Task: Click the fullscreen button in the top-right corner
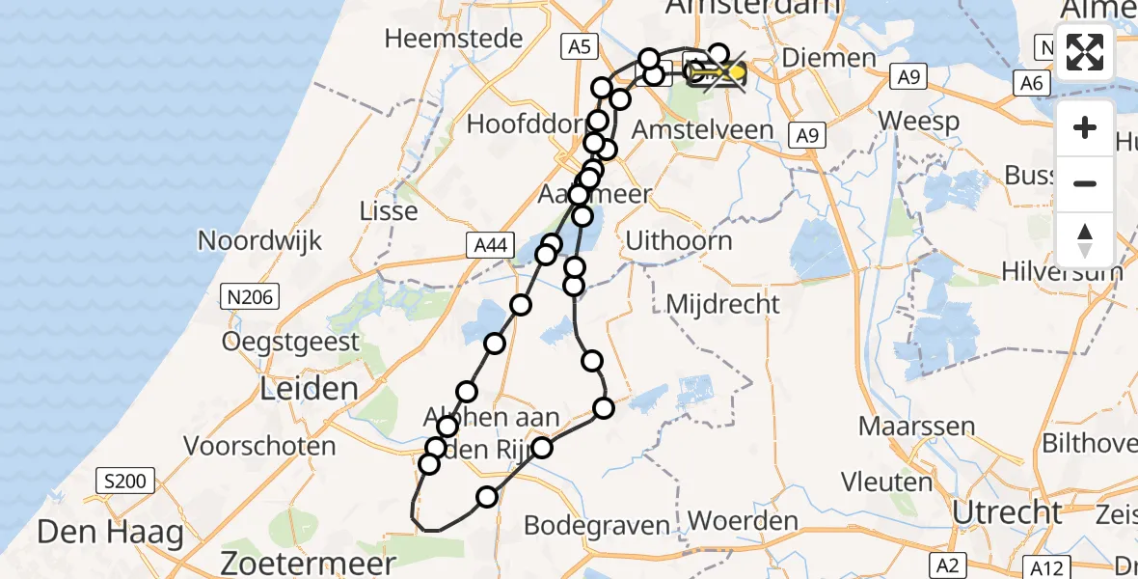tap(1085, 52)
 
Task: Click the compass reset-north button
tap(1085, 240)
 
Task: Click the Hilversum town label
tap(1061, 271)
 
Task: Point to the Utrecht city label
tap(1007, 512)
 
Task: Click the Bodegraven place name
tap(597, 526)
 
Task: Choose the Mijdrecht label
tap(723, 305)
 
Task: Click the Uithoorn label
tap(679, 240)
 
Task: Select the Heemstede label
tap(453, 40)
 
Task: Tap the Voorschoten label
tap(260, 447)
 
